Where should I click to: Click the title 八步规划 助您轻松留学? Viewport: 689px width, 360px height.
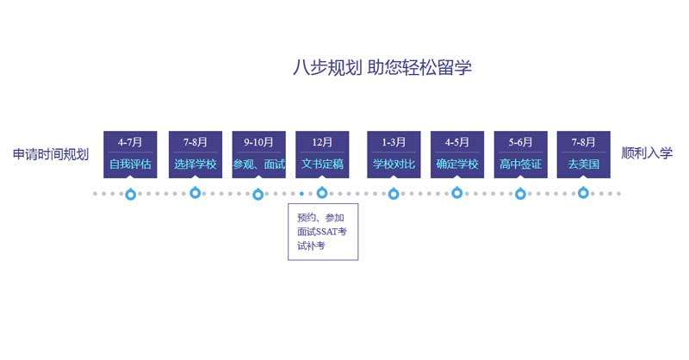click(x=382, y=68)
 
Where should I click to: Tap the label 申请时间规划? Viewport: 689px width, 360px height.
click(x=51, y=155)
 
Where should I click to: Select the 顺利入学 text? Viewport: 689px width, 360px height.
click(x=647, y=154)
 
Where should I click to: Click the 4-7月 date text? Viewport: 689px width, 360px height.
click(x=130, y=142)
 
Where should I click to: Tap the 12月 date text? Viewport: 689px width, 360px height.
click(x=322, y=142)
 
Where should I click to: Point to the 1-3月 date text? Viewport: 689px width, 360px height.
click(x=394, y=142)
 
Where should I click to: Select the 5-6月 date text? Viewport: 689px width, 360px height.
click(x=520, y=142)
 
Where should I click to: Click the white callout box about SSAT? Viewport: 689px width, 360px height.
click(x=322, y=231)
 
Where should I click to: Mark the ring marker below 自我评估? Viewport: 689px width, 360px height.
click(x=130, y=194)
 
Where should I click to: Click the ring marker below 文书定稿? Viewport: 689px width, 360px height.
click(x=322, y=194)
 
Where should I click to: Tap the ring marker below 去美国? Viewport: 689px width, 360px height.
click(x=583, y=194)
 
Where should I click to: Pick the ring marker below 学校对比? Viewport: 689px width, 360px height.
click(x=394, y=194)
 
